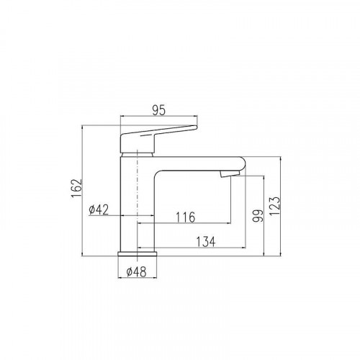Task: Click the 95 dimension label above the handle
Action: coord(159,110)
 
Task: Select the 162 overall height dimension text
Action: coord(76,188)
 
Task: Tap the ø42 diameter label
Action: coord(99,210)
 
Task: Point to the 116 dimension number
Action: coord(186,217)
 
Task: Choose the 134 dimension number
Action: coord(206,242)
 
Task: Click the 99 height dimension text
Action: coord(258,216)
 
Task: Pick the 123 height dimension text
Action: coord(274,206)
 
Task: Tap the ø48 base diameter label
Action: coord(136,272)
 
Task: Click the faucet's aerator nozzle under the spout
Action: coord(230,174)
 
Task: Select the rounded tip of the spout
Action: coord(244,163)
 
